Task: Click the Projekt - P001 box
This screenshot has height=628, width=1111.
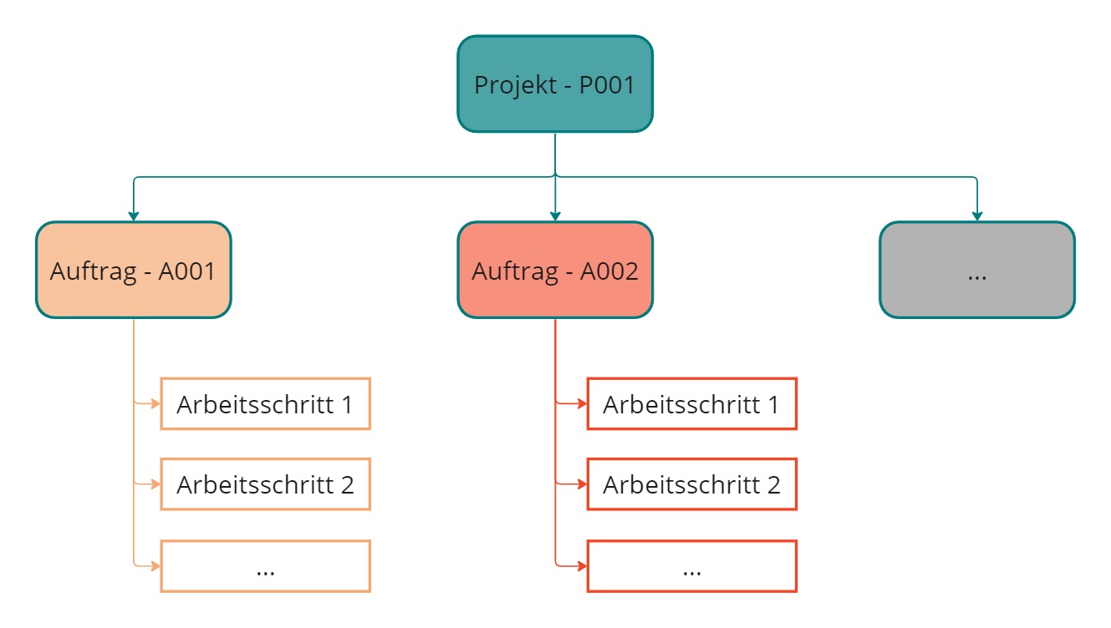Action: pos(554,84)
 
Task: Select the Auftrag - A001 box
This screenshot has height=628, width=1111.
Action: pos(133,271)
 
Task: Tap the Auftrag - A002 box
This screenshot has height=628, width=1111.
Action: pos(554,271)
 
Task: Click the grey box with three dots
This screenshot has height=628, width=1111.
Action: pos(976,271)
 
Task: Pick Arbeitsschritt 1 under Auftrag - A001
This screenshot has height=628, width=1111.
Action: pos(265,404)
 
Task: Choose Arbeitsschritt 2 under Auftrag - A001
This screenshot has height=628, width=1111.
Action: pos(265,484)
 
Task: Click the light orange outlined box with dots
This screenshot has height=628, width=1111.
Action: pos(265,566)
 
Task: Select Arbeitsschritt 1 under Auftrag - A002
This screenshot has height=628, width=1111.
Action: pos(691,404)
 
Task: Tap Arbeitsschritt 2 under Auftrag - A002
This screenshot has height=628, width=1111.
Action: pos(691,484)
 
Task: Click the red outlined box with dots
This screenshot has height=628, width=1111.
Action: pos(691,566)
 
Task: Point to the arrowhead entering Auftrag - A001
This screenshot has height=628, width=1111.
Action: pos(133,216)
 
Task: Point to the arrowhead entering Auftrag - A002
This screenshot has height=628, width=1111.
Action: pos(555,216)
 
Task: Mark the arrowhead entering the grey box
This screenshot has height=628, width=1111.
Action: pos(976,216)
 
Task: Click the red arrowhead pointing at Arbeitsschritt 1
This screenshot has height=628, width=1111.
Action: pos(582,404)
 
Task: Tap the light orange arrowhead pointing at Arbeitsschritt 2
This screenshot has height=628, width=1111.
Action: pos(155,484)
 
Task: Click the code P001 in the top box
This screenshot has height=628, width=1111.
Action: pos(607,85)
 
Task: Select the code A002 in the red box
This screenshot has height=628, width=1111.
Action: pos(610,271)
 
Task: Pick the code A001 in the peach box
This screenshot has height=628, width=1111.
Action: pos(187,271)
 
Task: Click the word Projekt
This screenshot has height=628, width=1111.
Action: pos(510,85)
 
